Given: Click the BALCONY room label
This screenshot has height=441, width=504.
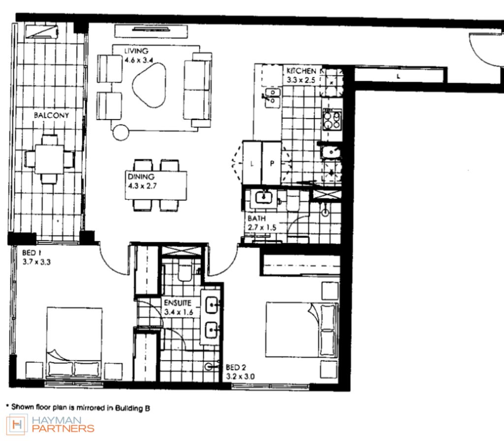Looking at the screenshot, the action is pyautogui.click(x=51, y=115).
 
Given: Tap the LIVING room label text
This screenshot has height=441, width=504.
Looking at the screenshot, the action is pyautogui.click(x=136, y=51).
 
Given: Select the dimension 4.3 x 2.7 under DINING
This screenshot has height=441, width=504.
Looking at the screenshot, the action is pyautogui.click(x=142, y=186).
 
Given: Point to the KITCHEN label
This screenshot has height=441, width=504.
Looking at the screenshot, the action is pyautogui.click(x=302, y=71).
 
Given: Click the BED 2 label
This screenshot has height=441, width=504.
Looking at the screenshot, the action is pyautogui.click(x=236, y=367).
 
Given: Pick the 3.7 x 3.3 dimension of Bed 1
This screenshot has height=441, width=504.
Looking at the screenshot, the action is pyautogui.click(x=36, y=262).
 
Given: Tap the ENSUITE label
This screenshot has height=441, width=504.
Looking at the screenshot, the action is pyautogui.click(x=177, y=303).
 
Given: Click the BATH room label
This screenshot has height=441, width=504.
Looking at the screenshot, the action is pyautogui.click(x=257, y=219).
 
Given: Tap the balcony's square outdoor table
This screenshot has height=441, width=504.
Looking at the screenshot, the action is pyautogui.click(x=50, y=159).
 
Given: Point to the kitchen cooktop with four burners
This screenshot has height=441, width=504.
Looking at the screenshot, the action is pyautogui.click(x=332, y=120).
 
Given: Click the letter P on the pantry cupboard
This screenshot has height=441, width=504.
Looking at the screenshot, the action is pyautogui.click(x=272, y=163).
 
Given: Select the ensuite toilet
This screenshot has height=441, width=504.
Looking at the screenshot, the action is pyautogui.click(x=185, y=272).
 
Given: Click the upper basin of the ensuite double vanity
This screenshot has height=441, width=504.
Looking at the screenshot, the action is pyautogui.click(x=211, y=304).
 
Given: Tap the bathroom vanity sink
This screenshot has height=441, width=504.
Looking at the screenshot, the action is pyautogui.click(x=264, y=197).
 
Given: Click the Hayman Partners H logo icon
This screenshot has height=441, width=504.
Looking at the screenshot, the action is pyautogui.click(x=17, y=425).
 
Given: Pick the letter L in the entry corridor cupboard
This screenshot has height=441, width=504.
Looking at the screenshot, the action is pyautogui.click(x=399, y=76).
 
